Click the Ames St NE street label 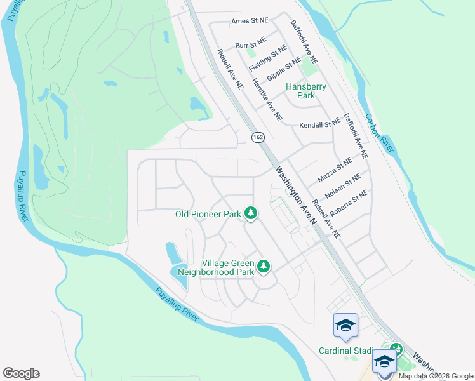(x=249, y=21)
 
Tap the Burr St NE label (x=250, y=46)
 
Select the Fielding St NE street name (x=268, y=58)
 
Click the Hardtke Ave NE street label (x=267, y=100)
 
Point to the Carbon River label (x=379, y=133)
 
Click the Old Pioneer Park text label (x=208, y=215)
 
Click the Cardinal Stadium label (x=347, y=351)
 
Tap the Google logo (x=21, y=373)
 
